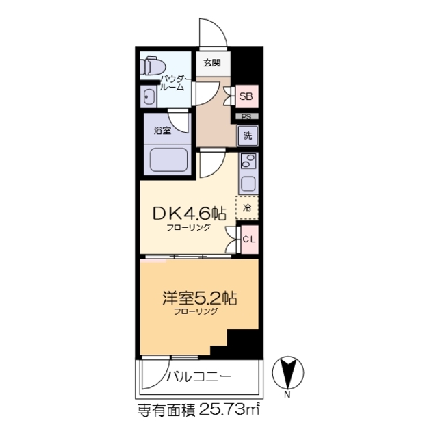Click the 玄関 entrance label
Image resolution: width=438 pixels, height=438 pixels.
[x=211, y=63]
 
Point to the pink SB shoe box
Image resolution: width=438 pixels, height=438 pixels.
[x=246, y=97]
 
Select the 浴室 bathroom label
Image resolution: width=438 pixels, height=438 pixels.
[x=162, y=129]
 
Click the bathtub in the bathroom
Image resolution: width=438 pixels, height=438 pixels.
[x=169, y=161]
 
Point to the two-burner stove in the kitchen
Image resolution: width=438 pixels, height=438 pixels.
[x=248, y=162]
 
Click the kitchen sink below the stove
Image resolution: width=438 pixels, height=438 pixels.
[x=248, y=183]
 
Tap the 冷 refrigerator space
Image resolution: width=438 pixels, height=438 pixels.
[x=248, y=207]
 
